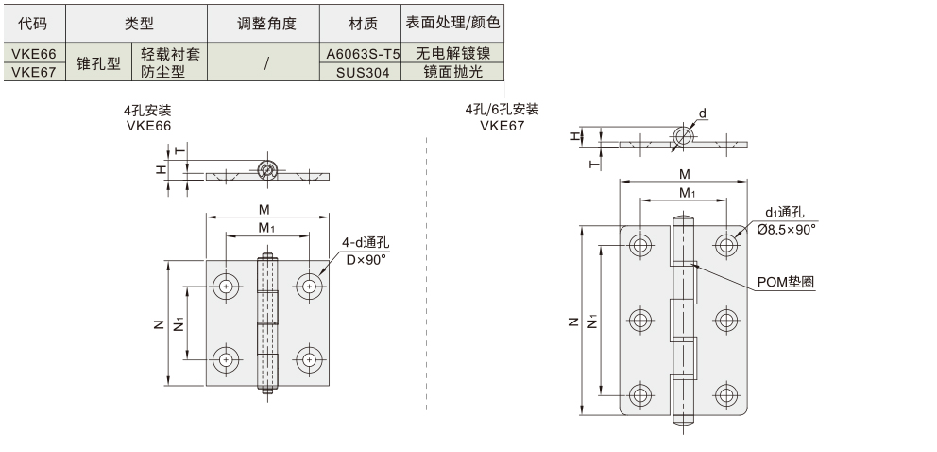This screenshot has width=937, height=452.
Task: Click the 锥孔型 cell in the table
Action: pos(98,62)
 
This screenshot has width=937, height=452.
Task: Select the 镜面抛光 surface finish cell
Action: pos(452,71)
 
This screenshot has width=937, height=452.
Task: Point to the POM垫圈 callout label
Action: pos(786,282)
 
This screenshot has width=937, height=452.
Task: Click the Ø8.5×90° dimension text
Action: pos(786,229)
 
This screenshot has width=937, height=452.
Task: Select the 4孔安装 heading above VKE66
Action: pos(147,110)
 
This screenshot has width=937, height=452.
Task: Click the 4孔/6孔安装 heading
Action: pos(502,110)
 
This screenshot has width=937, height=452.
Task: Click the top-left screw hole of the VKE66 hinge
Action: pos(227,285)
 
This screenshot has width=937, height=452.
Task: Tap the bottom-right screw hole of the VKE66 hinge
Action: pos(308,359)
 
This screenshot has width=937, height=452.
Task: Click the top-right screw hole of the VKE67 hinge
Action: pos(725,245)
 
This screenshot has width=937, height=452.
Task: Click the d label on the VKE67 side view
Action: pos(702,113)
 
